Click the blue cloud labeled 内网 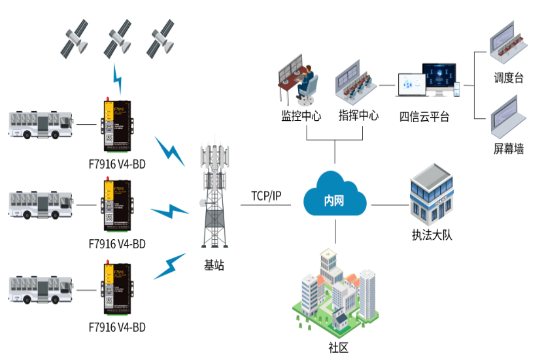[335, 196]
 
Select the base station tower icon [216, 196]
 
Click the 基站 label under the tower [214, 265]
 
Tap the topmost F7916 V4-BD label [117, 164]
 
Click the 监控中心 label [301, 117]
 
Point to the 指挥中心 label [358, 117]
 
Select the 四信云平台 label [424, 118]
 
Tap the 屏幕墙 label [509, 149]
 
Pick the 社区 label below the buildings [336, 347]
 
